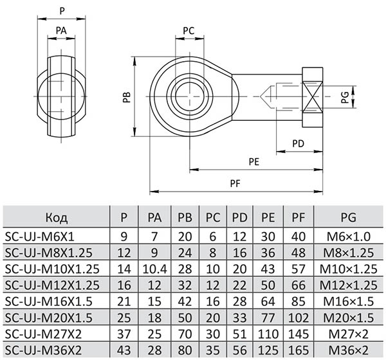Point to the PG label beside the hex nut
coord(345,98)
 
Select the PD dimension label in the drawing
coord(298,143)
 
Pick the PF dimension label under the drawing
coord(237,183)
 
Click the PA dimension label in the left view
coord(61,30)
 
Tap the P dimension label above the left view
coord(62,11)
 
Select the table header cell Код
coord(56,217)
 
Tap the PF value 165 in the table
coord(298,350)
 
